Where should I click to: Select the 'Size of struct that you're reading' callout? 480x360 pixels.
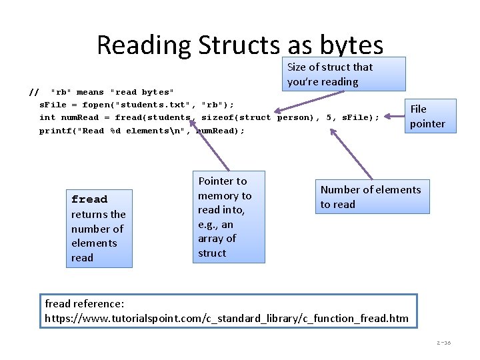pos(345,74)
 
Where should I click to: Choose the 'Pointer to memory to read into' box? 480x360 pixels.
pos(229,217)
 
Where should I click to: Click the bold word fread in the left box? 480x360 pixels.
pos(89,199)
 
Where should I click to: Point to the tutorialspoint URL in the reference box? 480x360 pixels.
pos(227,318)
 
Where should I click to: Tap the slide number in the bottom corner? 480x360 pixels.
pos(443,343)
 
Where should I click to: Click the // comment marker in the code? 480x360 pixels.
pos(35,91)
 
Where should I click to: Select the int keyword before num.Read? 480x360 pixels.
pos(47,117)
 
